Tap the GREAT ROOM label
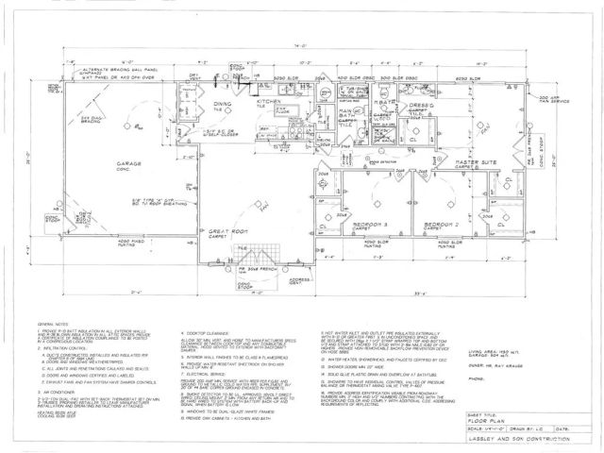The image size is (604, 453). [x=229, y=231]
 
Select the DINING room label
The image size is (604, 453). [x=222, y=104]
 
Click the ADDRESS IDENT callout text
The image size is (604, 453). [x=299, y=280]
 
